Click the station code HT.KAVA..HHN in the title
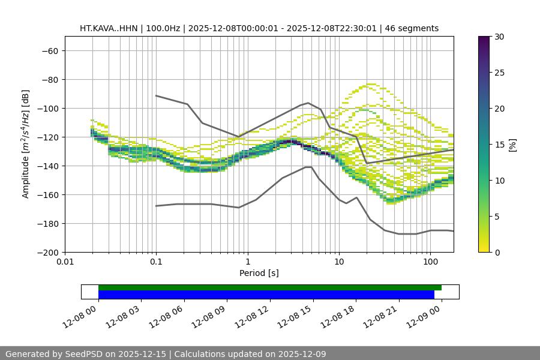109,29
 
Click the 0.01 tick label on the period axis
65,262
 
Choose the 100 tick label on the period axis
430,262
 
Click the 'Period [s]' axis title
259,274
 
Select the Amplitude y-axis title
26,145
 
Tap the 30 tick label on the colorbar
499,37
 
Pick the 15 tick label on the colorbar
499,145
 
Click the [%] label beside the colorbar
512,145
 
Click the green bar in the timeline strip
270,288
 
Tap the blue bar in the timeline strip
266,295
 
